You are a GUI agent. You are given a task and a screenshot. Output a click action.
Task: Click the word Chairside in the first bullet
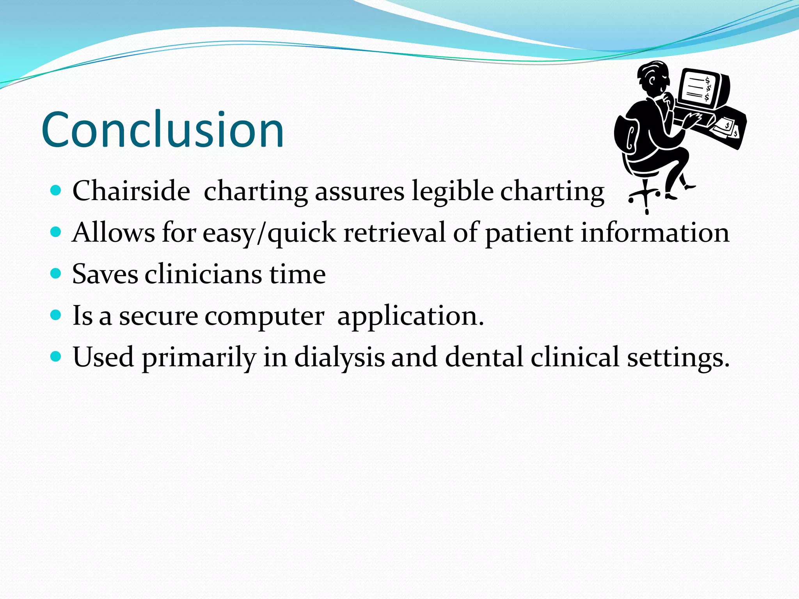pos(131,191)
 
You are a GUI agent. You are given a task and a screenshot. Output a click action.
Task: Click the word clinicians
pos(203,274)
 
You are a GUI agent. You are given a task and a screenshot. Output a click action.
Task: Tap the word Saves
pos(105,274)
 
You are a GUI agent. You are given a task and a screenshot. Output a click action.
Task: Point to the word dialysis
pos(339,357)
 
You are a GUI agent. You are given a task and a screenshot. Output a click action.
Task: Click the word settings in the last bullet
pos(677,358)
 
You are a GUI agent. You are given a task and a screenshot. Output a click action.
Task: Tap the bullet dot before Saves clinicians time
pos(56,273)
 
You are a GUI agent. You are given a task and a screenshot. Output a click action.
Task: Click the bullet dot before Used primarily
pos(56,356)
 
